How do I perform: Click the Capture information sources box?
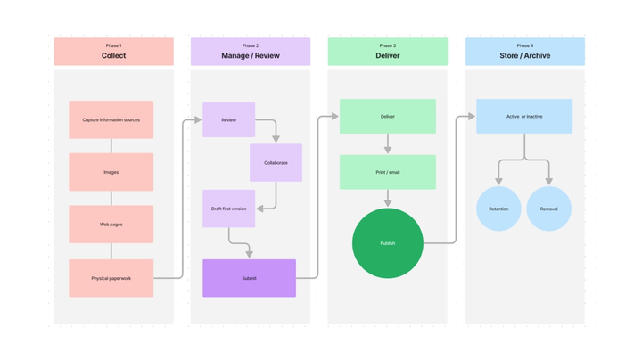point(111,119)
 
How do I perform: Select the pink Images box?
point(111,172)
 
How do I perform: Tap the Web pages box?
point(111,225)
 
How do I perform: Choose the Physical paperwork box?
point(111,278)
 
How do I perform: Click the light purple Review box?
point(228,119)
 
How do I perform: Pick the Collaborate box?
point(276,163)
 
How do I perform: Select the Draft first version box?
point(228,209)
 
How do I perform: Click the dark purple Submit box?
point(249,278)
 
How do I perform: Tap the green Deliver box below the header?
point(387,117)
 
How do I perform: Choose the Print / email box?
point(387,172)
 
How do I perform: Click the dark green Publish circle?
point(387,243)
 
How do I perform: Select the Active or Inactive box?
point(524,117)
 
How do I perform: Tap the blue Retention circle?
point(498,209)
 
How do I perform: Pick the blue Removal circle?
point(548,209)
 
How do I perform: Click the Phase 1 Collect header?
point(113,52)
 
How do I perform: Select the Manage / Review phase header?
point(251,52)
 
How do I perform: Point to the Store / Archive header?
point(524,52)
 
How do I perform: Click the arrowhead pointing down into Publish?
point(387,202)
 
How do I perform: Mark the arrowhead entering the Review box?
point(197,119)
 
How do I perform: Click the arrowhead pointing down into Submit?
point(249,254)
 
